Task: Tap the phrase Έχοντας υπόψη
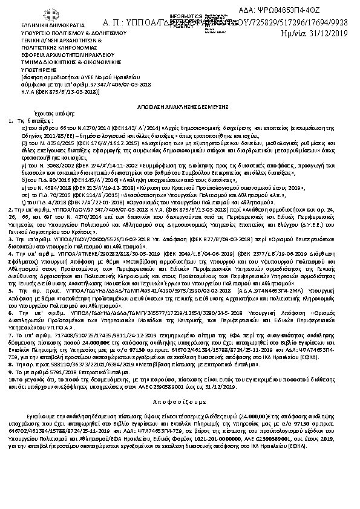[48, 113]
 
